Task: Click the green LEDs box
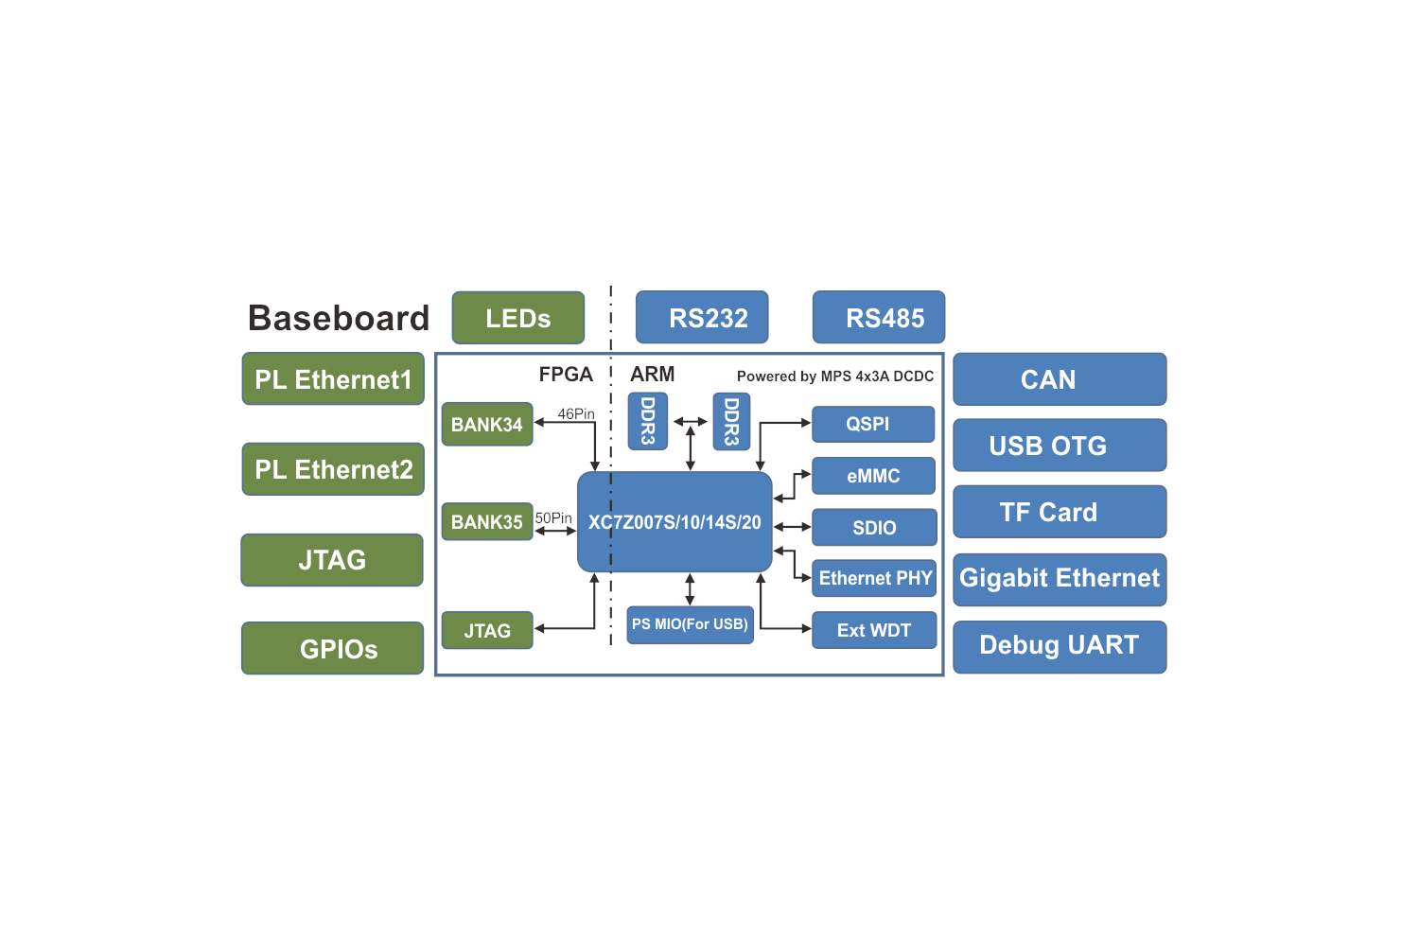pyautogui.click(x=517, y=318)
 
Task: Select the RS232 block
pyautogui.click(x=702, y=318)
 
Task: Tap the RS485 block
pyautogui.click(x=879, y=318)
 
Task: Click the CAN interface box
pyautogui.click(x=1060, y=379)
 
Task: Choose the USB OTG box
pyautogui.click(x=1060, y=446)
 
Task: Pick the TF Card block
pyautogui.click(x=1060, y=512)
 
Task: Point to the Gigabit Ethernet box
pyautogui.click(x=1060, y=579)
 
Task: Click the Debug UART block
pyautogui.click(x=1060, y=646)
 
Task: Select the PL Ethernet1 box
pyautogui.click(x=333, y=379)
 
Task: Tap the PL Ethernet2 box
pyautogui.click(x=333, y=469)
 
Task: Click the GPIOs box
pyautogui.click(x=333, y=648)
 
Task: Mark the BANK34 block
pyautogui.click(x=487, y=425)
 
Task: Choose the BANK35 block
pyautogui.click(x=487, y=522)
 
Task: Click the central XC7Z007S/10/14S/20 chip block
pyautogui.click(x=674, y=522)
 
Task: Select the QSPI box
pyautogui.click(x=873, y=424)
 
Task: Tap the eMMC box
pyautogui.click(x=873, y=476)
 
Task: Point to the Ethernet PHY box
pyautogui.click(x=874, y=578)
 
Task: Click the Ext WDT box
pyautogui.click(x=874, y=630)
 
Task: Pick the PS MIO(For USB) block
pyautogui.click(x=690, y=624)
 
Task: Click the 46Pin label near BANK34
pyautogui.click(x=576, y=414)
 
